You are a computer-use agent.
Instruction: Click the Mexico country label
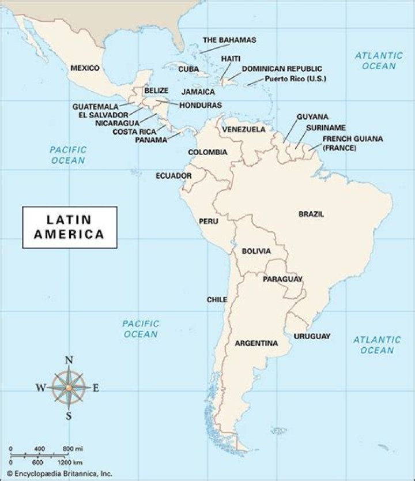85,68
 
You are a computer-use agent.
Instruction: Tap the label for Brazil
311,214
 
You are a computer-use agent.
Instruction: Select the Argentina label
256,343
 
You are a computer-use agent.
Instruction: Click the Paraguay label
282,279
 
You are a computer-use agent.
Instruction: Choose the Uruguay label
312,336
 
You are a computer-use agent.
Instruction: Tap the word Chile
217,300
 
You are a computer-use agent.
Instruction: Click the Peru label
208,221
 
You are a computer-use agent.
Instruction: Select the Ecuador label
173,175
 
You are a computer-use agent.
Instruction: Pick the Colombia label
207,152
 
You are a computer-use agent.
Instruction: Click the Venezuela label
244,129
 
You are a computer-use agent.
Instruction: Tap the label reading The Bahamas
229,40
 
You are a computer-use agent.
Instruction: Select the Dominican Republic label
282,69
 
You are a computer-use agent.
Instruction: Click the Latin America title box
70,227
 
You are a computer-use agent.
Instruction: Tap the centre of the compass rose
69,388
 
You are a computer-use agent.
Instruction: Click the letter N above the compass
69,361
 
